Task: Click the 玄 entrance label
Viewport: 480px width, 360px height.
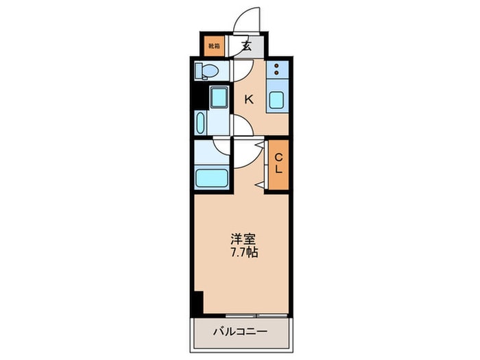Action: (x=245, y=47)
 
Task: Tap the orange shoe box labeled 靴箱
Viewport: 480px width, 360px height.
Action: (x=213, y=46)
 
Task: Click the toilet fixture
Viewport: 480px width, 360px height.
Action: (x=206, y=71)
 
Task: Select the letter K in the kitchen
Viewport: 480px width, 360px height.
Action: (x=249, y=99)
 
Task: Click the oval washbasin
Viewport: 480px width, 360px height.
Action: (x=200, y=123)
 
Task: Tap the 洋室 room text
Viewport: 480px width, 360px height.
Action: (x=244, y=240)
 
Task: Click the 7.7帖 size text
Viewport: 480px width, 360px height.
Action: (x=244, y=252)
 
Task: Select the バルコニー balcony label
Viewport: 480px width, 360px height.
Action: (x=238, y=331)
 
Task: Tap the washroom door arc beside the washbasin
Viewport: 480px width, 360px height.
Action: (x=242, y=125)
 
